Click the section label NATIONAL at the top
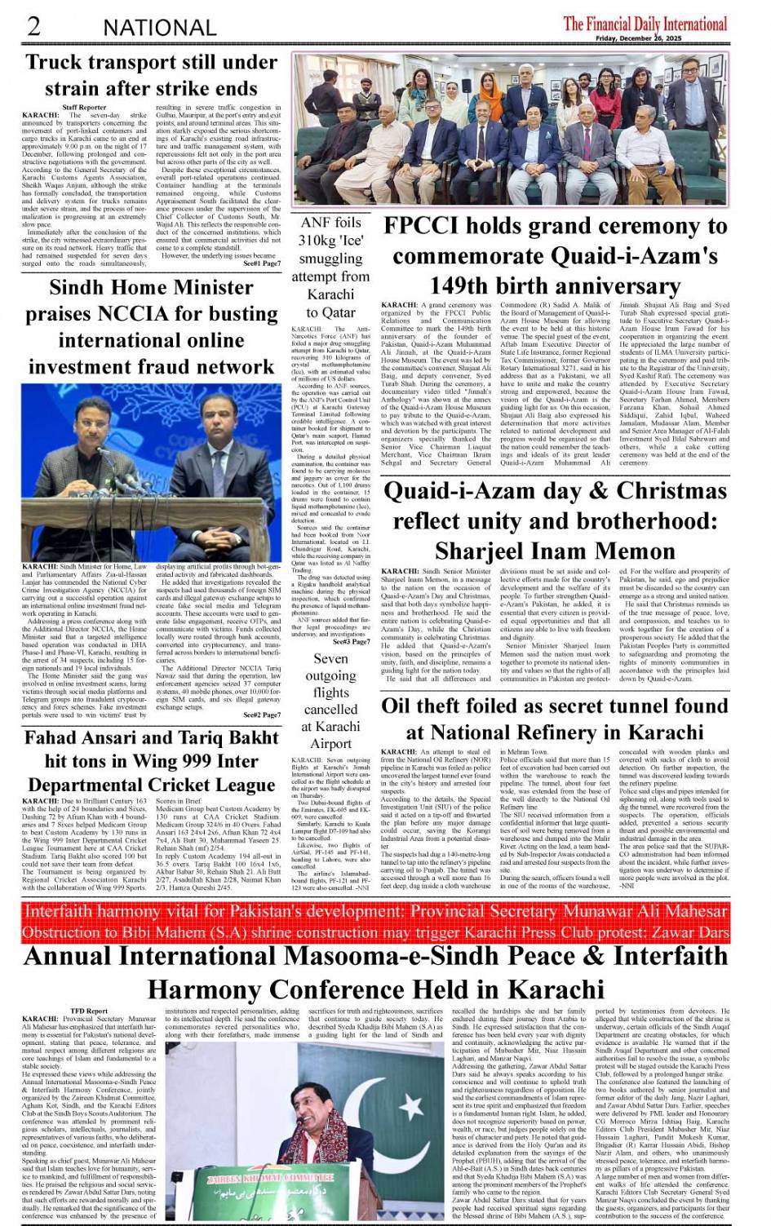click(x=159, y=27)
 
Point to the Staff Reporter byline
click(x=83, y=108)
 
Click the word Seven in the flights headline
click(x=330, y=658)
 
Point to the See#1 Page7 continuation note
click(x=261, y=263)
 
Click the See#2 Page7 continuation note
click(x=261, y=715)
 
